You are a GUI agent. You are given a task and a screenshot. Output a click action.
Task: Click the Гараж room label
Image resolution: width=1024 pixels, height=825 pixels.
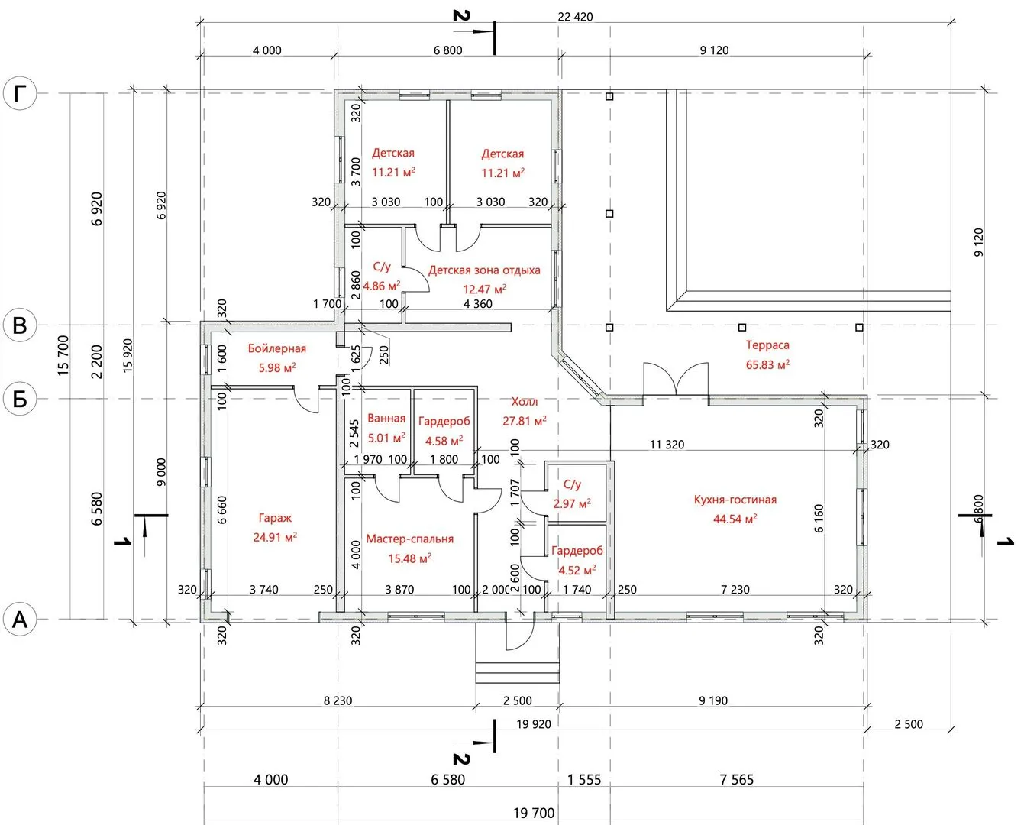(275, 518)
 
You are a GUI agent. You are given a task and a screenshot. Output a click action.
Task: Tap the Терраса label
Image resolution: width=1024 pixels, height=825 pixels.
(767, 345)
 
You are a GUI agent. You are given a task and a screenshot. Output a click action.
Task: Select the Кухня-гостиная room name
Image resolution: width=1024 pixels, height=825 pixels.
(735, 500)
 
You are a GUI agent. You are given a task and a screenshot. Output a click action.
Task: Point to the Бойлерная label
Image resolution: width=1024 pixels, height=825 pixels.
(277, 348)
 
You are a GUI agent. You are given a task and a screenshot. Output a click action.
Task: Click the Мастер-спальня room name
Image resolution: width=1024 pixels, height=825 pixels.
(410, 539)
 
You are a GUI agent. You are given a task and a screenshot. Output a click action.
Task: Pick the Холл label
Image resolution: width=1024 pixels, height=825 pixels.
(525, 401)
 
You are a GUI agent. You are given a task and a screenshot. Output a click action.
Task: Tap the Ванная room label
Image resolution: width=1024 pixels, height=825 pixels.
(386, 418)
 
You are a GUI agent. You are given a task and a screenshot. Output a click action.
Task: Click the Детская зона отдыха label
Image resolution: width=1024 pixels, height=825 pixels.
(484, 270)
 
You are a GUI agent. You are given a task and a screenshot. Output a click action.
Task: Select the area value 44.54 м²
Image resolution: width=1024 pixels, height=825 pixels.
(735, 519)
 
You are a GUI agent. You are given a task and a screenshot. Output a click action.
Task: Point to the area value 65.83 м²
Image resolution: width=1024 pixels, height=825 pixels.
(767, 364)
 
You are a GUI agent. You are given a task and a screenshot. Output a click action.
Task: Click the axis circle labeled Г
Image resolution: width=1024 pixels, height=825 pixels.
(20, 93)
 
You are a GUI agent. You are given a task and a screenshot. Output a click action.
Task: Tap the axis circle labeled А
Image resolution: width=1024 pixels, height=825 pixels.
(20, 620)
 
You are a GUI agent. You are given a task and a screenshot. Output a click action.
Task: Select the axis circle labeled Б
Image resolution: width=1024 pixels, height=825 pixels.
(20, 399)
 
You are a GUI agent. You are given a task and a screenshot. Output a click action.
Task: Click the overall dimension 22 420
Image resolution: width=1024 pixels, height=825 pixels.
(575, 17)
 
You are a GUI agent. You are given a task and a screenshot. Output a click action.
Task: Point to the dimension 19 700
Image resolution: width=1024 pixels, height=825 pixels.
(534, 813)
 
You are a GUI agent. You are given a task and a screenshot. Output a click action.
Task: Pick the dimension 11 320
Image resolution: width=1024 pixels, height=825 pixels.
(667, 444)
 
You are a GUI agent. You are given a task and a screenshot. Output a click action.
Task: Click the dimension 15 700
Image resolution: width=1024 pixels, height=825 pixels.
(63, 356)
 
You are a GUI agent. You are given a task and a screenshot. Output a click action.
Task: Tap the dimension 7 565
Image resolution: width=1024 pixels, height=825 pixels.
(737, 779)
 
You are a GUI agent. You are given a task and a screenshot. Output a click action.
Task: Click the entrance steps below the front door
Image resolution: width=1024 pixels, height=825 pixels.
(517, 671)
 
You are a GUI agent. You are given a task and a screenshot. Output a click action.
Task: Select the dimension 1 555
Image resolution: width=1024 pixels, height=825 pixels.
(584, 779)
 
